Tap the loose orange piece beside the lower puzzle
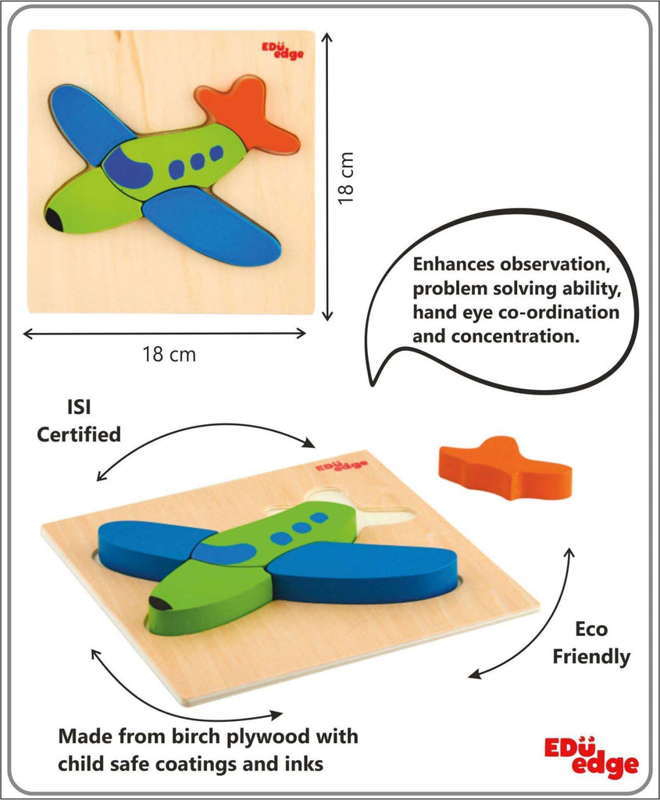coord(505,468)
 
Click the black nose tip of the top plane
coord(54,219)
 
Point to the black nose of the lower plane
coord(161,604)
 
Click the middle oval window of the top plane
coord(198,160)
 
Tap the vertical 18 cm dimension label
coord(346,177)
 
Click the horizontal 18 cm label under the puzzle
coord(169,354)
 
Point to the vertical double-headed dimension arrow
coord(327,177)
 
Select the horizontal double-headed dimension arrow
coord(164,334)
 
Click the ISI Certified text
coord(79,421)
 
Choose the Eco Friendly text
coord(591,642)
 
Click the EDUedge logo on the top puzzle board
coord(283,51)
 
